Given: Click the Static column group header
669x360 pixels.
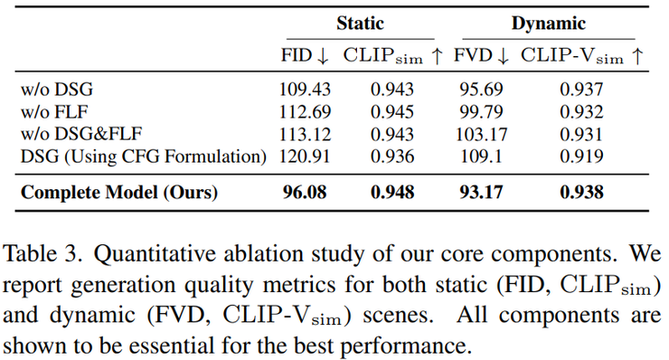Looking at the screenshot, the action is coord(360,23).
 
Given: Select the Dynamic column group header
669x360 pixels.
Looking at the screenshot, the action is coord(548,24).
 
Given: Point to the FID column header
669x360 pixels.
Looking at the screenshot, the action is coord(305,56).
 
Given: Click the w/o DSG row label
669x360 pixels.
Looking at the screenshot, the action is coord(57,90).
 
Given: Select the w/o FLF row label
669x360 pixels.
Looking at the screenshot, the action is coord(54,112).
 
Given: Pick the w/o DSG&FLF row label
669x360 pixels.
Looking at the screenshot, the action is coord(81,134).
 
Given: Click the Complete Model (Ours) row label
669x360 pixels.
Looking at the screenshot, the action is coord(119,193).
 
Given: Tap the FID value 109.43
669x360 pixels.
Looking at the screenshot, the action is coord(305,90).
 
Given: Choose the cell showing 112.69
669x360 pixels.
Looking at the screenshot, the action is coord(305,112).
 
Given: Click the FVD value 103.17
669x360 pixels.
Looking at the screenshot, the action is coord(481,135).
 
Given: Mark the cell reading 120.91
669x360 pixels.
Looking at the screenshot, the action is coord(305,156).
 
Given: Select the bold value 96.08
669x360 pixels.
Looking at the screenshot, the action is coord(305,193).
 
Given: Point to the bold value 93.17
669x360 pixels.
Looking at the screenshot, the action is coord(481,193).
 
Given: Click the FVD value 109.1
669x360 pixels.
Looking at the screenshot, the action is coord(481,156).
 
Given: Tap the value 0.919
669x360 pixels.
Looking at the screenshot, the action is coord(581,156).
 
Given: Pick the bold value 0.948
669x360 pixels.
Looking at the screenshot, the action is coord(392,193).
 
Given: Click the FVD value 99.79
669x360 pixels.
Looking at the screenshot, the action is coord(481,112).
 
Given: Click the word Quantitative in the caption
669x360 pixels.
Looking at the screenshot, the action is coord(155,254).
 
